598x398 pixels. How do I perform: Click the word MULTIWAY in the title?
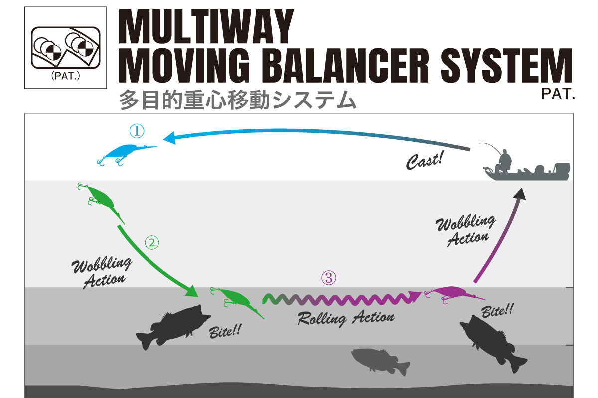tap(206, 27)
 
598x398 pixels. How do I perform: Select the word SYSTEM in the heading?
tap(506, 65)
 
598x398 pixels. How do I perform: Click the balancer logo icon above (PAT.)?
tap(66, 48)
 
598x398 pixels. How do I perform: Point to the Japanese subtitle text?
tap(237, 100)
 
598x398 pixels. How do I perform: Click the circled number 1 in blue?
tap(137, 131)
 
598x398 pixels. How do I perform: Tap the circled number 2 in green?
tap(152, 243)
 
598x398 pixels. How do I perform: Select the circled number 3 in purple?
tap(329, 278)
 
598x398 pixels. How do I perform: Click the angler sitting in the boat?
tap(503, 161)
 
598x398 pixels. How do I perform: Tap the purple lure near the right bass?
tap(454, 294)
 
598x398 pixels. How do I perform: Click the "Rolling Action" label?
tap(346, 318)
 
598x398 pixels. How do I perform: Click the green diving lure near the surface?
tap(101, 202)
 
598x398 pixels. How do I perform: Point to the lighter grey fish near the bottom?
tap(380, 362)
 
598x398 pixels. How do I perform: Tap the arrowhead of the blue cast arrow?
tap(170, 138)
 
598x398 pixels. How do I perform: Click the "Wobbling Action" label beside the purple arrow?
tap(466, 230)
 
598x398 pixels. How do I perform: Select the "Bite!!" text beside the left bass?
tap(225, 331)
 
